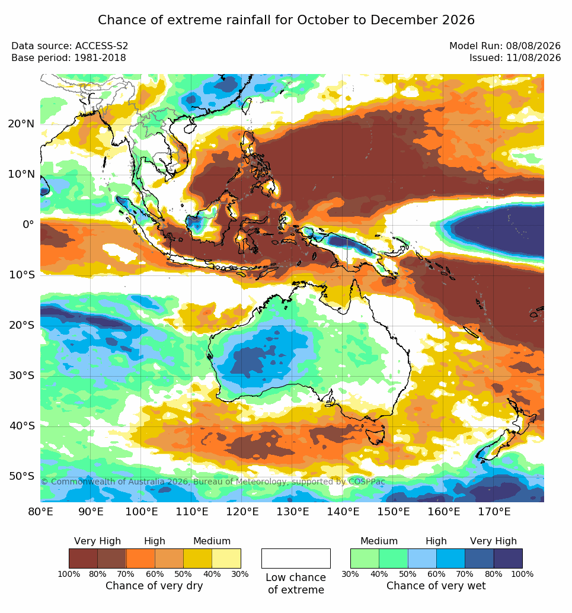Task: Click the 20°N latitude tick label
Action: point(21,124)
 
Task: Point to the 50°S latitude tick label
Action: point(21,476)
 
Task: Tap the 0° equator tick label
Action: point(28,224)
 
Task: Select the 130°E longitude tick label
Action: point(293,511)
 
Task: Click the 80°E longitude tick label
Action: point(41,511)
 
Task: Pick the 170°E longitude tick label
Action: point(494,511)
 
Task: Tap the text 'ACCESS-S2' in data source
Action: point(101,46)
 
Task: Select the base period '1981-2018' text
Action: point(100,58)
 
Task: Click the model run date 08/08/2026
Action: point(533,46)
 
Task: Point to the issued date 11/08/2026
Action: point(533,58)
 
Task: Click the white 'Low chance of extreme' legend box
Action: point(296,559)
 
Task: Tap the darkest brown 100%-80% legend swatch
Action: point(83,559)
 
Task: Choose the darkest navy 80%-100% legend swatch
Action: point(508,559)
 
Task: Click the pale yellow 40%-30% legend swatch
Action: point(226,559)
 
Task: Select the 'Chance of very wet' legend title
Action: point(436,586)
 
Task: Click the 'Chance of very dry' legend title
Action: point(154,586)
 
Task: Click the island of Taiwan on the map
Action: point(247,105)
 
